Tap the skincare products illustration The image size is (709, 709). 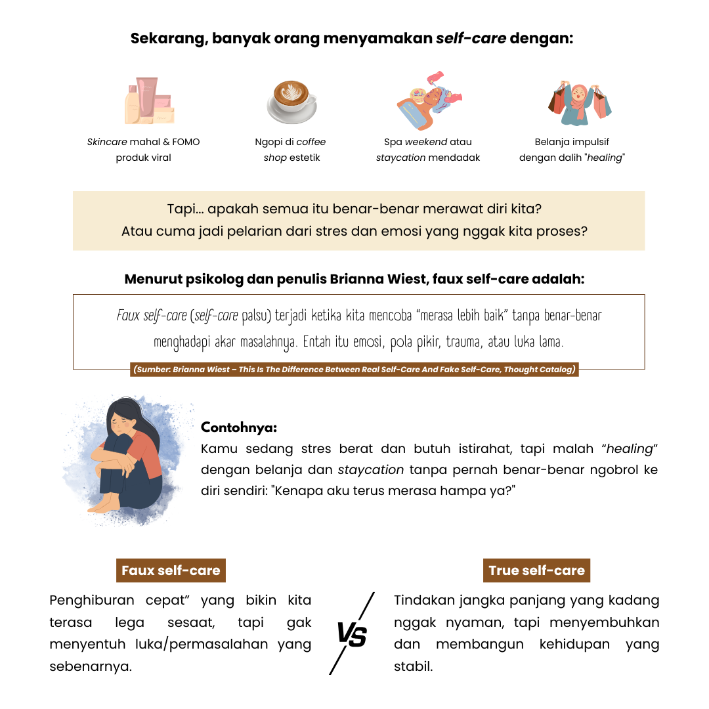click(149, 101)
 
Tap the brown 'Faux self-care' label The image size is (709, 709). click(171, 570)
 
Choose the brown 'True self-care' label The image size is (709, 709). click(536, 570)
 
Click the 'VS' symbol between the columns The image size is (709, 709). click(352, 635)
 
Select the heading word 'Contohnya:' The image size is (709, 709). click(239, 427)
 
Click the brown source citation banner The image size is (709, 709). click(354, 370)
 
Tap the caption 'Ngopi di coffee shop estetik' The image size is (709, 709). click(291, 150)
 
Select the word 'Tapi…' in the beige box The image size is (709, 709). click(184, 210)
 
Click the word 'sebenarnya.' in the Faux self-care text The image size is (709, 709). click(91, 666)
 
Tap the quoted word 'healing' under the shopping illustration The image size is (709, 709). click(603, 158)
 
